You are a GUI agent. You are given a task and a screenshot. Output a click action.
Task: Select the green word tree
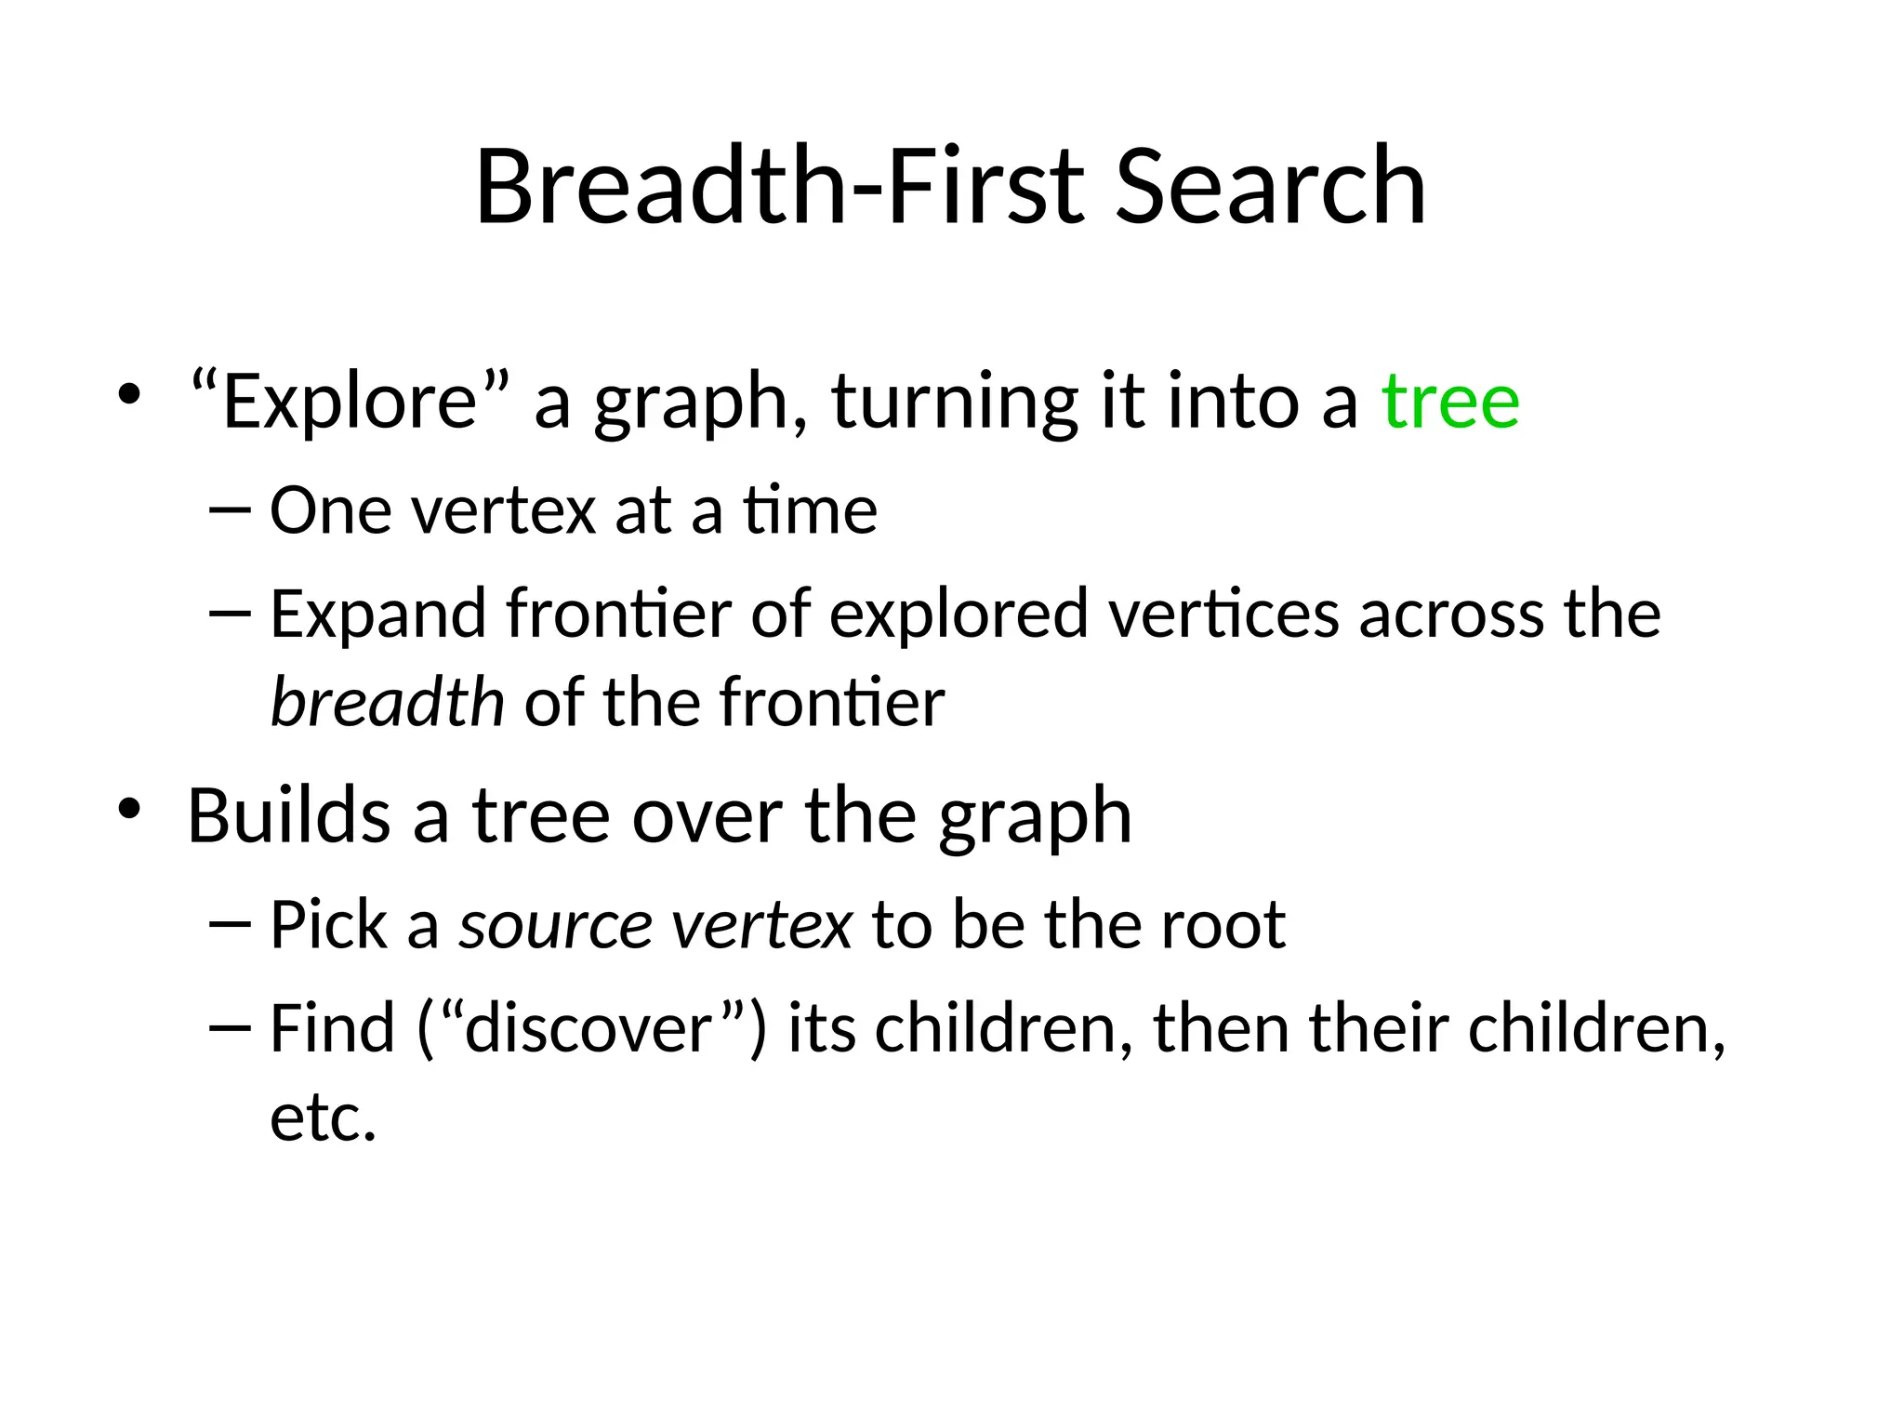(x=1450, y=402)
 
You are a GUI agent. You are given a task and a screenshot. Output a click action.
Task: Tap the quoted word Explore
(x=350, y=402)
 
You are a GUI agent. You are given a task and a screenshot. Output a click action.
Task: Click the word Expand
(x=377, y=615)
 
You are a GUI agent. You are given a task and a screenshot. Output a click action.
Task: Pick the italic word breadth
(x=387, y=702)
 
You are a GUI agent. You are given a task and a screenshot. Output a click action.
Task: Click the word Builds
(x=288, y=815)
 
